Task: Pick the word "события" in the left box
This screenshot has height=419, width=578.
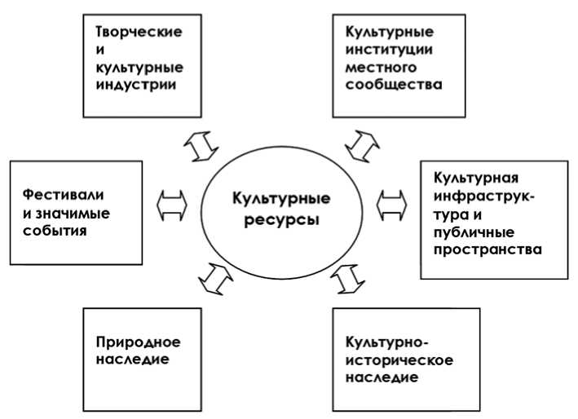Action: pos(55,231)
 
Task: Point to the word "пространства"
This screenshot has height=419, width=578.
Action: pos(488,249)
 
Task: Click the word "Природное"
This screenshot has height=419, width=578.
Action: pos(138,342)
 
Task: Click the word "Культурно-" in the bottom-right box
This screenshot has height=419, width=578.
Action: pos(386,342)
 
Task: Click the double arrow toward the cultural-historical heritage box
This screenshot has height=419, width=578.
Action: pos(348,278)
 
